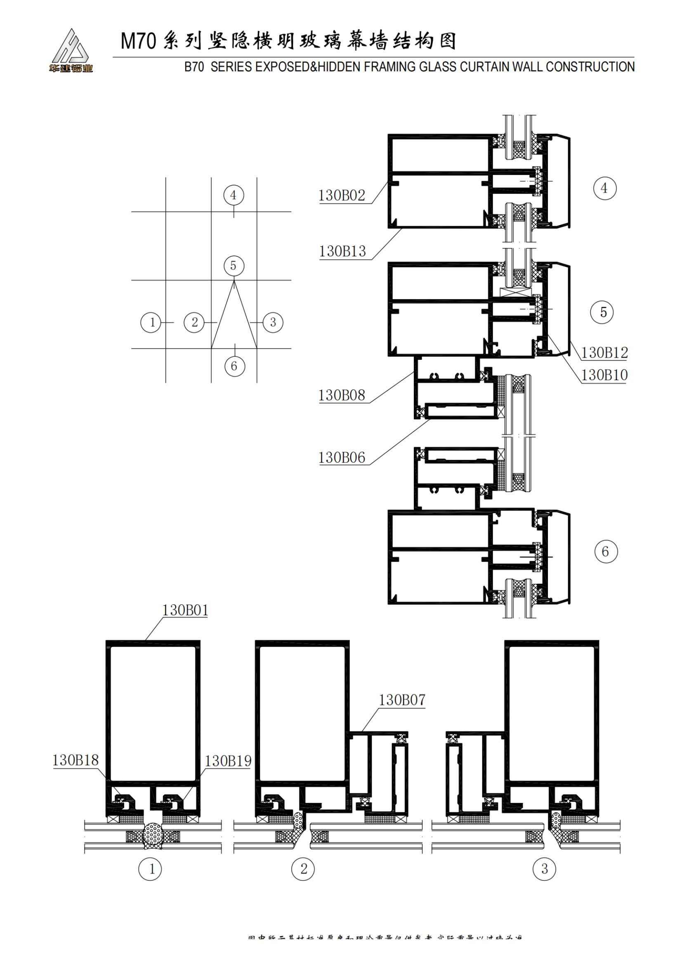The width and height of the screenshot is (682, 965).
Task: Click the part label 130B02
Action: point(342,196)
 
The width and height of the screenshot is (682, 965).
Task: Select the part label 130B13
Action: point(342,251)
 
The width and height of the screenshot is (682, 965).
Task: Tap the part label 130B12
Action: point(604,353)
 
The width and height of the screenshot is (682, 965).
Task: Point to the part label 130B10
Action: point(604,375)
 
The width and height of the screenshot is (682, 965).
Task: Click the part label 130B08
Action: point(342,396)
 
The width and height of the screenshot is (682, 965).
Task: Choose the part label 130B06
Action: point(342,458)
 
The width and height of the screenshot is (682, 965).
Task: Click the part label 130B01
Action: point(185,610)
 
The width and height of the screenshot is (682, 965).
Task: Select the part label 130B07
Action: point(402,700)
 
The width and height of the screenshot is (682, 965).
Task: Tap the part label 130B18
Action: point(75,760)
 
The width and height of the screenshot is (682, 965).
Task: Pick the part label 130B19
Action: point(228,761)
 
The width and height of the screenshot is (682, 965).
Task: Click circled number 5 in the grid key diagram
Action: point(234,266)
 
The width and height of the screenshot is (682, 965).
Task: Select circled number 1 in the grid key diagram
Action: point(151,322)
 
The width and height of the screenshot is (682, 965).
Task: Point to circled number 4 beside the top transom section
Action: point(605,188)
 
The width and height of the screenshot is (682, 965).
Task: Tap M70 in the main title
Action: point(138,41)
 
